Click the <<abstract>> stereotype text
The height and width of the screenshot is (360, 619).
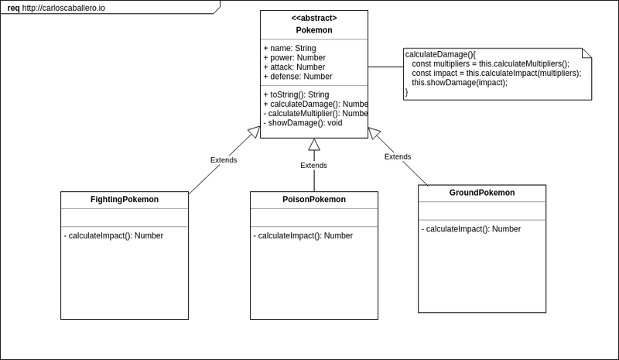314,18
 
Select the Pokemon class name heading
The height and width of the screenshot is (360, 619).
314,30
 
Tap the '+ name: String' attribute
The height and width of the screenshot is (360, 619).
289,48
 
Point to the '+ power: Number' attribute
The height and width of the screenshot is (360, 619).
295,58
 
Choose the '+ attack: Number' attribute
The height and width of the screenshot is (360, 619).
294,67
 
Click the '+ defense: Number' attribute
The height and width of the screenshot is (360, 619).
298,77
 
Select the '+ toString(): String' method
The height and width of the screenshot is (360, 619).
296,95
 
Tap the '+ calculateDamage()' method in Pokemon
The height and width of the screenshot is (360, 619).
316,105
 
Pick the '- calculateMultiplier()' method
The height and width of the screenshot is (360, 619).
316,114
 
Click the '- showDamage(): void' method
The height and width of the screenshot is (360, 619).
303,123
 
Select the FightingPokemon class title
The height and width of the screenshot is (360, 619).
125,200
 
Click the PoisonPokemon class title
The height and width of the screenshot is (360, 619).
314,200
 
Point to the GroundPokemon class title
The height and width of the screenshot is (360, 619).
482,193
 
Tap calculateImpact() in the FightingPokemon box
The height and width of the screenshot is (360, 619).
113,236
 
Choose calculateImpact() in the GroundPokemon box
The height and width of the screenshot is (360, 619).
471,229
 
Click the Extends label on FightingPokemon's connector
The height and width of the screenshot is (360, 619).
224,160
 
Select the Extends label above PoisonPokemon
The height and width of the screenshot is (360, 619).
314,166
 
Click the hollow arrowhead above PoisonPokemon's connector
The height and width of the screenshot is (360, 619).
314,145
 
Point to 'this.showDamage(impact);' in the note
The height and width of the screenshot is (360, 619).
460,83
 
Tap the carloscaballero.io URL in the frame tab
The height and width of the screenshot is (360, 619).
63,8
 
